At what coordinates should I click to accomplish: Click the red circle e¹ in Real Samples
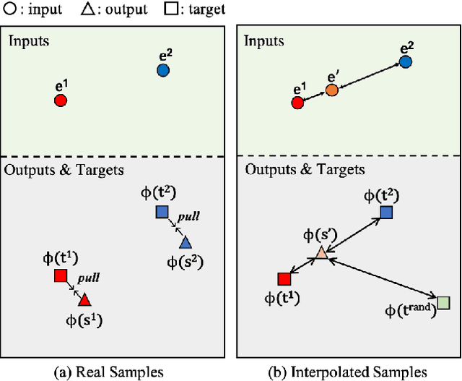[x=61, y=100]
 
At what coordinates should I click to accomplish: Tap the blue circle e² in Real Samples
[x=163, y=70]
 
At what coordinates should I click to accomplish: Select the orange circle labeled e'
[x=331, y=90]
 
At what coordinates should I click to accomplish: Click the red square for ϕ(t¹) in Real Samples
[x=60, y=276]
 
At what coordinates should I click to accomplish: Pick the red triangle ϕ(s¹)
[x=84, y=299]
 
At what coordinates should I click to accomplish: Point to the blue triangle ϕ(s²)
[x=186, y=242]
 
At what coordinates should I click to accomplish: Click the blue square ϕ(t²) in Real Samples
[x=162, y=212]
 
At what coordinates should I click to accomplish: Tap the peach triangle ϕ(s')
[x=322, y=253]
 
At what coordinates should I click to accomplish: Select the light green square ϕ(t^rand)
[x=443, y=302]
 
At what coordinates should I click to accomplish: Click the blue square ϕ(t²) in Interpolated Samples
[x=386, y=212]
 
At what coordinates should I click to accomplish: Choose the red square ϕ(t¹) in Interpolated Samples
[x=284, y=279]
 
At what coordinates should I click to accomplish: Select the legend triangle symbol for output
[x=87, y=9]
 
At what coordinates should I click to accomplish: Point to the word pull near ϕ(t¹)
[x=89, y=278]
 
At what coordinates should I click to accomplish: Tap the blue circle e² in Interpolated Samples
[x=406, y=61]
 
